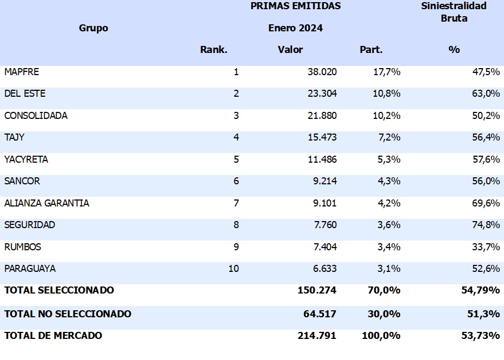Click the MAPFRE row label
click(x=22, y=72)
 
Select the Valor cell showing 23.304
click(x=322, y=94)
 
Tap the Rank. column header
click(x=214, y=50)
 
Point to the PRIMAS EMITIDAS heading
click(x=295, y=6)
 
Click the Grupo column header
click(x=94, y=28)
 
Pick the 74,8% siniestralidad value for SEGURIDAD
click(x=486, y=225)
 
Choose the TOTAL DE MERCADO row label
click(x=53, y=336)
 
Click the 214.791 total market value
click(x=317, y=336)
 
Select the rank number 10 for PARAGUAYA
click(x=233, y=269)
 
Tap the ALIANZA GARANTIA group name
click(x=47, y=203)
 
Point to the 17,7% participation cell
click(x=387, y=72)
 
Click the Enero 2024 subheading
click(x=295, y=28)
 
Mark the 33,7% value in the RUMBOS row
click(x=486, y=247)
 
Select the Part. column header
click(x=371, y=50)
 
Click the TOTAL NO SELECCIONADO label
click(x=68, y=314)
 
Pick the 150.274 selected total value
click(x=317, y=290)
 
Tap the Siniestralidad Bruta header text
click(x=454, y=12)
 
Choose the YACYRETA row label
click(x=26, y=159)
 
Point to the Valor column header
click(x=290, y=50)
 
